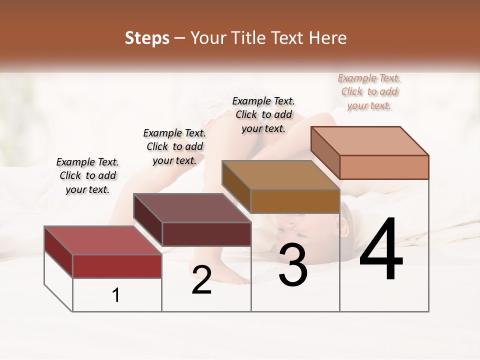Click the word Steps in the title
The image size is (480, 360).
[147, 38]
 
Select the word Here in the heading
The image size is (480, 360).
[327, 38]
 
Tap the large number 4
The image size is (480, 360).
[381, 250]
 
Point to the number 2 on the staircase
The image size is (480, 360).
[201, 280]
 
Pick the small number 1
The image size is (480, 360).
[116, 295]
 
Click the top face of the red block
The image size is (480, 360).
[102, 240]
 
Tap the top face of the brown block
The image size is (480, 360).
[280, 175]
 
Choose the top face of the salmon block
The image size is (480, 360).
[369, 141]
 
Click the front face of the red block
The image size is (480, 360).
[117, 266]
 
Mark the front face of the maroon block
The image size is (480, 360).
[206, 234]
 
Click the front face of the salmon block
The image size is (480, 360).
[384, 167]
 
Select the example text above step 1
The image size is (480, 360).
[87, 175]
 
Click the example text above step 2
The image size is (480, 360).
[174, 146]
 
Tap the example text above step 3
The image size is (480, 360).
[263, 114]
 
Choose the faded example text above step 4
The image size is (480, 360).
[369, 91]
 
